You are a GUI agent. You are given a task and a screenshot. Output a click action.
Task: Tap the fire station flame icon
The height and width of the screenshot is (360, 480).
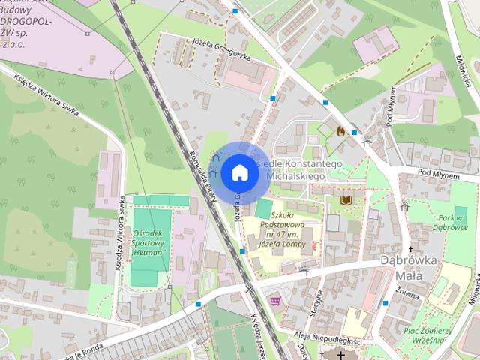coord(340,130)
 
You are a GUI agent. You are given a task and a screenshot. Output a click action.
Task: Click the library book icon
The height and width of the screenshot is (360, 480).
coord(346,200)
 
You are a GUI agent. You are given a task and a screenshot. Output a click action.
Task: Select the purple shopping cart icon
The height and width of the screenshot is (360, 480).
coord(276,300)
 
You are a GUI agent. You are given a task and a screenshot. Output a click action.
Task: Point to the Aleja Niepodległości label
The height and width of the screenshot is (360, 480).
coord(328,321)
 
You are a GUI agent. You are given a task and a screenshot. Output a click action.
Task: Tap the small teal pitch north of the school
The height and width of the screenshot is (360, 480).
coord(265,208)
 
